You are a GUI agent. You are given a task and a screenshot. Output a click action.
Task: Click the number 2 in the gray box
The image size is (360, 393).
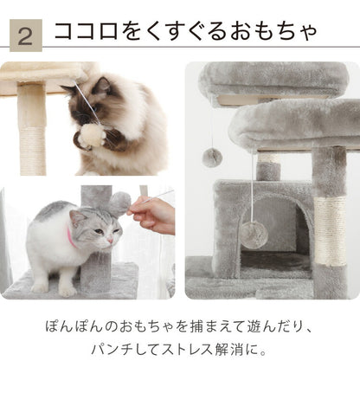(25, 36)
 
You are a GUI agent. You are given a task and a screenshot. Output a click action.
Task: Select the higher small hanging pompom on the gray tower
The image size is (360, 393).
(211, 157)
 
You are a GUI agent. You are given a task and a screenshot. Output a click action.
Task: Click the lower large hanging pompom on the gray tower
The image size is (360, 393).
(253, 233)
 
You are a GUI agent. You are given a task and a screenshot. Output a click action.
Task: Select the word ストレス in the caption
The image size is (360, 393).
(202, 352)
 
